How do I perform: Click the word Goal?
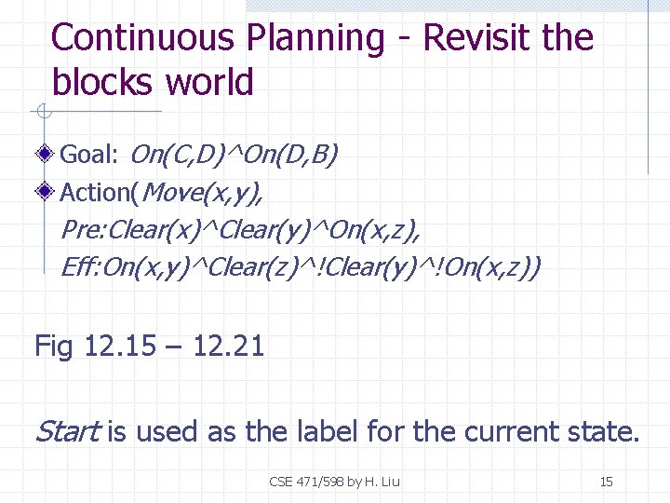(89, 154)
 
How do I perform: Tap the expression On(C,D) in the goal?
(178, 154)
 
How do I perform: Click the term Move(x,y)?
(204, 193)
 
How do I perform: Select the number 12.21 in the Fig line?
(230, 347)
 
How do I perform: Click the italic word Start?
(67, 431)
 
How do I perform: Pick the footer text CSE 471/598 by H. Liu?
(334, 482)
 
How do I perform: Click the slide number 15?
(606, 482)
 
